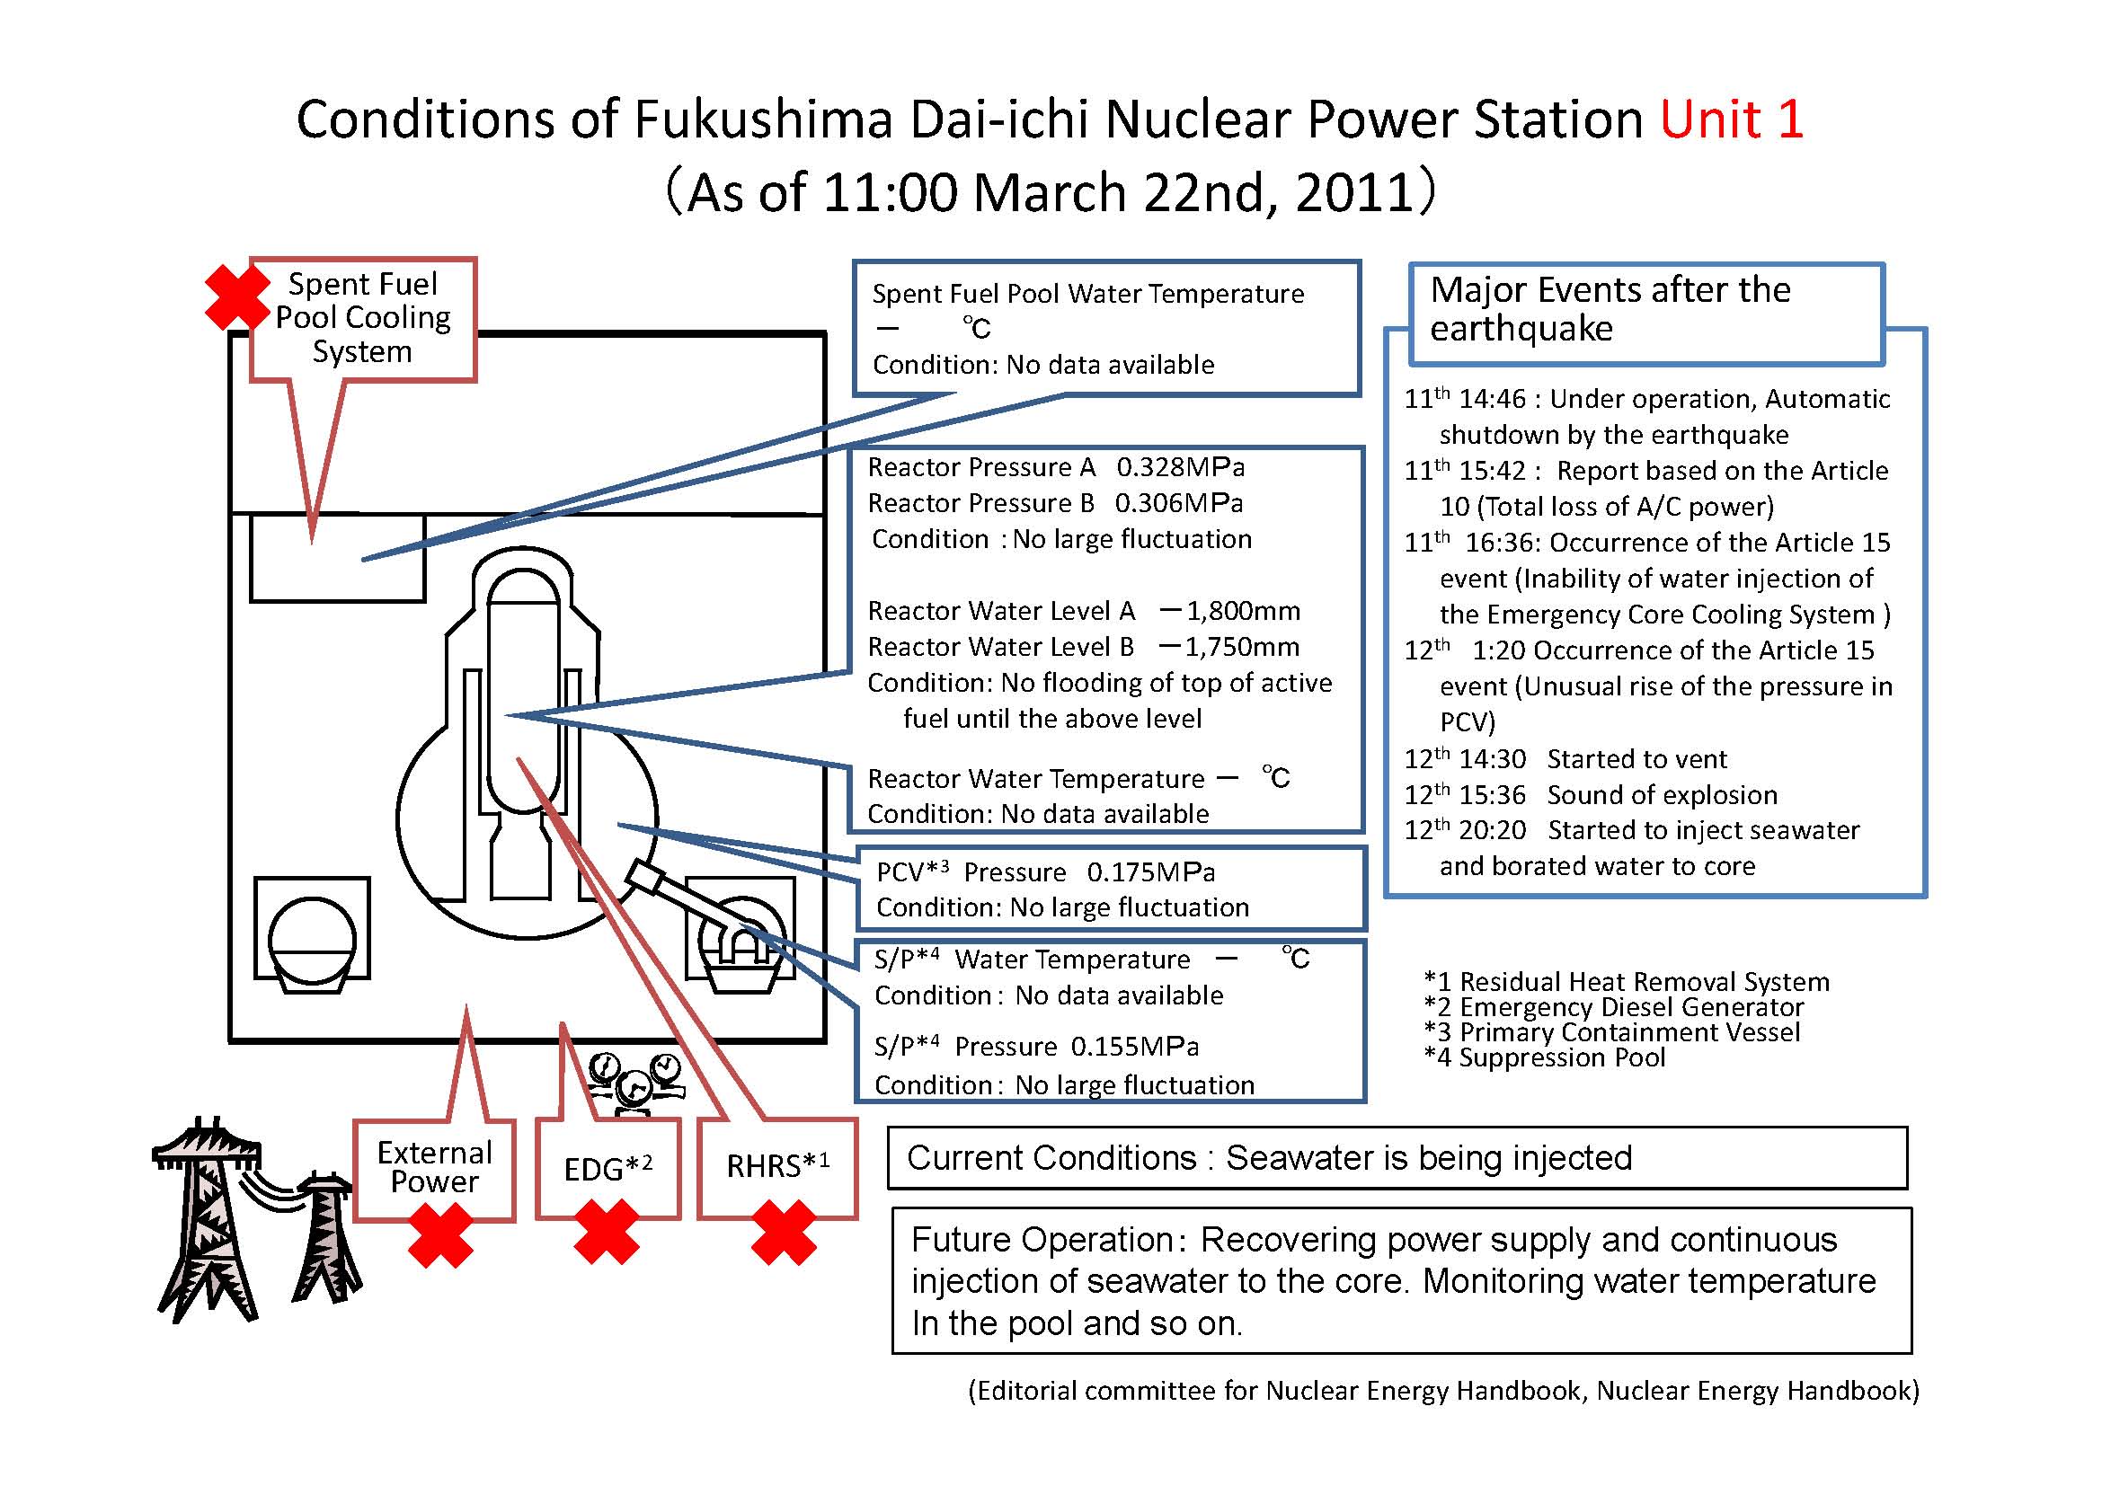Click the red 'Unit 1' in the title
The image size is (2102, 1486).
point(1731,119)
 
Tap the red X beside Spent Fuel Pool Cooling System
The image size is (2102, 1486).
point(237,297)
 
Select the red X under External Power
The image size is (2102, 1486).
point(440,1235)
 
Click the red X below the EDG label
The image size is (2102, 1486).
point(606,1234)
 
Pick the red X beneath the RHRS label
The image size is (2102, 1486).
point(784,1234)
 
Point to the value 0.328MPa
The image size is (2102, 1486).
point(1180,467)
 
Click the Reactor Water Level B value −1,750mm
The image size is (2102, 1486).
point(1228,647)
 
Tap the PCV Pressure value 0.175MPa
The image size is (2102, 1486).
point(1151,872)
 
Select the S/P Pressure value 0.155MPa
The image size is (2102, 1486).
point(1134,1046)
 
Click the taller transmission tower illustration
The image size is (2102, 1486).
point(208,1217)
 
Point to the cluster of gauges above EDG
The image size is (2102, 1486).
point(634,1084)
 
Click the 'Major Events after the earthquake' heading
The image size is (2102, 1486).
point(1610,309)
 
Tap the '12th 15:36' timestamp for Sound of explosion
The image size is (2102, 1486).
point(1465,793)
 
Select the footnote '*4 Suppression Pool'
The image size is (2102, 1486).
point(1545,1057)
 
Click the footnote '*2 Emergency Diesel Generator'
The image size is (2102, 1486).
point(1614,1007)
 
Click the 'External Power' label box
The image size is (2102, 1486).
point(435,1170)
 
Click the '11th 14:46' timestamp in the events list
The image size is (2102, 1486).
point(1465,399)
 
